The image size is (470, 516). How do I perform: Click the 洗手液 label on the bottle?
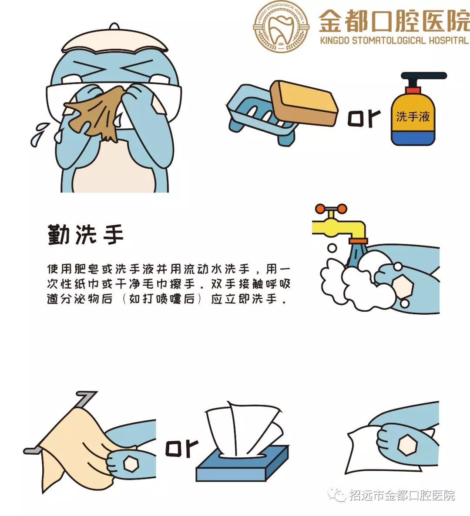[x=413, y=117]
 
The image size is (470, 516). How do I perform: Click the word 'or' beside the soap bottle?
[x=364, y=118]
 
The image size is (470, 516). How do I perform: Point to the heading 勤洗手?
[x=86, y=234]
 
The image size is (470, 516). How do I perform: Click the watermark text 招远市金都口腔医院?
[x=402, y=495]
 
